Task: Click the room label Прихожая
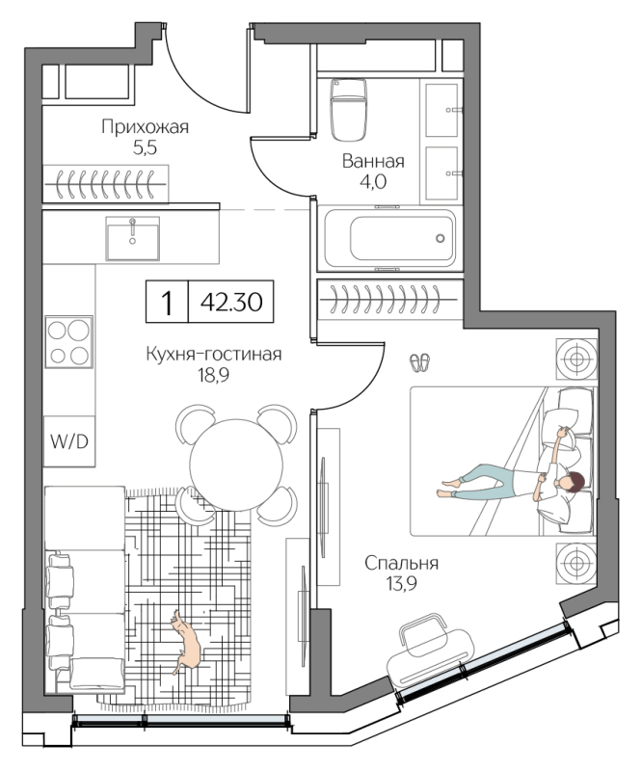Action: [145, 126]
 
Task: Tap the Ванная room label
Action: [372, 161]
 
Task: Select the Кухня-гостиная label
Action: [213, 354]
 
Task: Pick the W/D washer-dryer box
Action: [68, 442]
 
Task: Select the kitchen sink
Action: [131, 237]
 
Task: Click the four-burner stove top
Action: [68, 341]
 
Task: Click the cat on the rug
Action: [185, 641]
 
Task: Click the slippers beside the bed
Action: [420, 362]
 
